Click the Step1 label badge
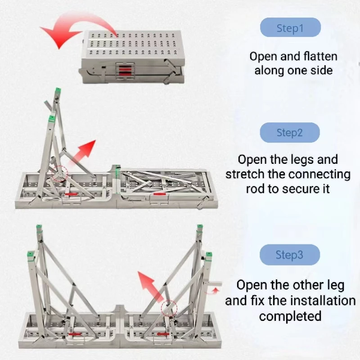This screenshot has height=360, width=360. (290, 28)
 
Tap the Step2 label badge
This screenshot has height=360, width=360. (290, 133)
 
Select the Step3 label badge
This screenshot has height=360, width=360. (290, 255)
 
